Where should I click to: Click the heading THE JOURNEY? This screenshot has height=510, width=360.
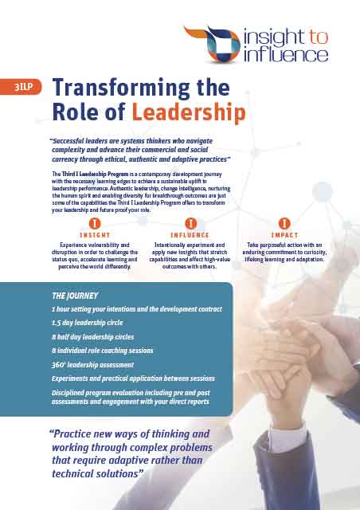pyautogui.click(x=75, y=295)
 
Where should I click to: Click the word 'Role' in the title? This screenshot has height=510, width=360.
pyautogui.click(x=76, y=112)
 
